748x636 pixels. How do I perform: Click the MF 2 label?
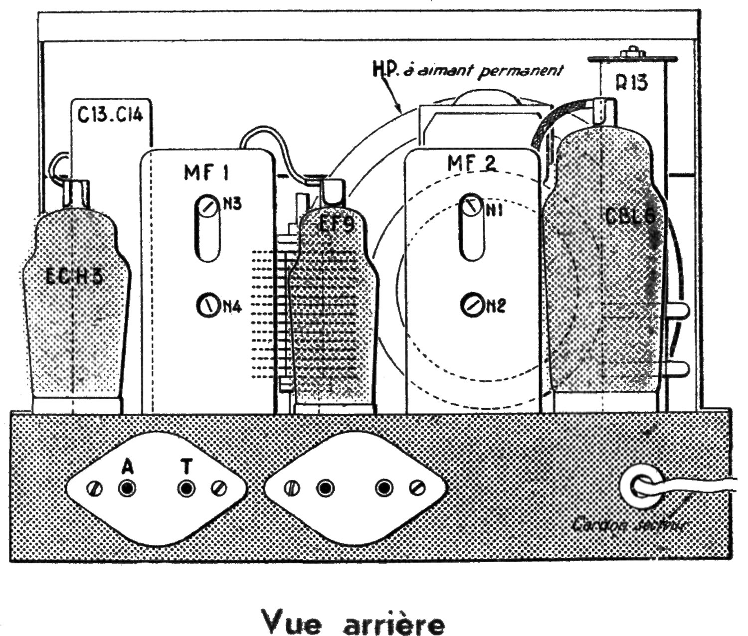pos(472,163)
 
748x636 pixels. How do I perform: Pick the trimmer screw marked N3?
pos(207,204)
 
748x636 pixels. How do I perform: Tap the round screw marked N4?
pos(207,306)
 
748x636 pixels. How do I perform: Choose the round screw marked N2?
pos(471,305)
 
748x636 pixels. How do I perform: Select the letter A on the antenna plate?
pos(128,467)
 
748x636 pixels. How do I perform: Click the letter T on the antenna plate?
pos(187,467)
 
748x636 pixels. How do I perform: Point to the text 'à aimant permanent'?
pos(514,71)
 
